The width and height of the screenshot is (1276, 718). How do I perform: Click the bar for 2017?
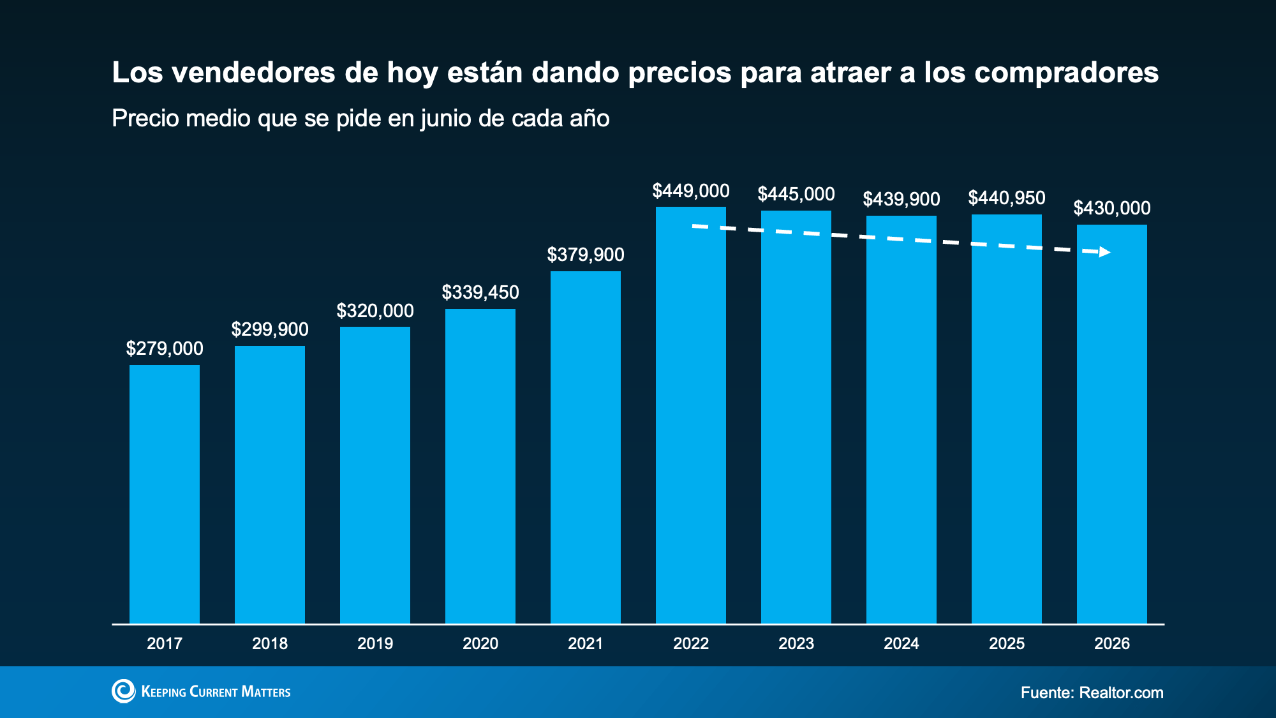[165, 494]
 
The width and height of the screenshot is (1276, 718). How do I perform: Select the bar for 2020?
[480, 466]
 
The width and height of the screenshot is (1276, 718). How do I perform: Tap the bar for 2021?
[586, 447]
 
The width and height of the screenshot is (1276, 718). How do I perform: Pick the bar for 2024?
[901, 419]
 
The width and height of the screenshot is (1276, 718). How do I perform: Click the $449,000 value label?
[691, 191]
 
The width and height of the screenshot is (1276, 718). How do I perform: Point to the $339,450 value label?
[480, 292]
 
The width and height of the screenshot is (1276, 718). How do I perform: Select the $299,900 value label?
[270, 329]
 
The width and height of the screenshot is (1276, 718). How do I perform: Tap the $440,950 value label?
[1007, 198]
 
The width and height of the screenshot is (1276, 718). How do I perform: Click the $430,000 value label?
[1112, 208]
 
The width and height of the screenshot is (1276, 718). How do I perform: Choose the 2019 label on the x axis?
[375, 643]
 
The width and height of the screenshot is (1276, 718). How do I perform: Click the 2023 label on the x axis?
[796, 643]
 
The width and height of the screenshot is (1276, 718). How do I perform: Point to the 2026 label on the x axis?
[1112, 643]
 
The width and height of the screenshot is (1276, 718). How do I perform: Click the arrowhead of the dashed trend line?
[1105, 252]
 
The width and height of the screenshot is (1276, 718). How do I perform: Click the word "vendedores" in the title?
[254, 72]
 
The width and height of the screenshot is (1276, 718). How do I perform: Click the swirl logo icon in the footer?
[124, 691]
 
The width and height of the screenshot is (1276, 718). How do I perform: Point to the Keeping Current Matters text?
[216, 692]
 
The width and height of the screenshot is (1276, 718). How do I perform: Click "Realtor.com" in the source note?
[1122, 692]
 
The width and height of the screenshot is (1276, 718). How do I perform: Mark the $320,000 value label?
[375, 311]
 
